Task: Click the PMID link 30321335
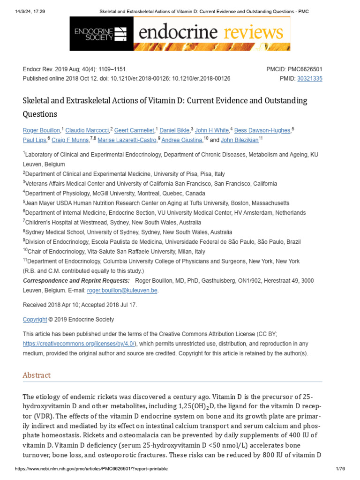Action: (309, 79)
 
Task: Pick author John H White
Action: (212, 130)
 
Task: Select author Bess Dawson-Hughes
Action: (262, 130)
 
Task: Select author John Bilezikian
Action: (240, 140)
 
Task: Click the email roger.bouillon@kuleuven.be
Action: (122, 291)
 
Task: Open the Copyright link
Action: (35, 320)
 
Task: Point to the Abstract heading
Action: (37, 375)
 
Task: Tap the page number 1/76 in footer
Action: (340, 469)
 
